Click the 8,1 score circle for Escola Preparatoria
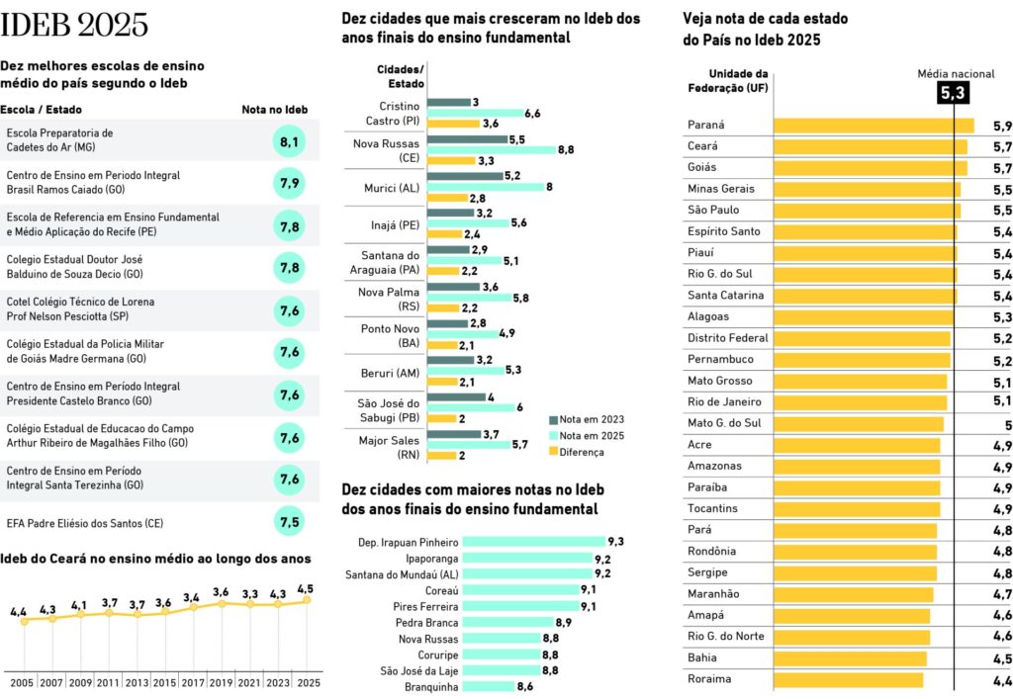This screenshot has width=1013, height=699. (x=289, y=140)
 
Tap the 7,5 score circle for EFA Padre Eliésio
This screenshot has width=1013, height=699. (x=289, y=521)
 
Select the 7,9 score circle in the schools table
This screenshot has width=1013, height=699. (x=289, y=183)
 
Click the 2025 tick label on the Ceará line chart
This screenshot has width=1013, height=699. (x=309, y=683)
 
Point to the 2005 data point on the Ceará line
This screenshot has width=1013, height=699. (x=25, y=621)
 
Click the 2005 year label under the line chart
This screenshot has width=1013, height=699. (x=22, y=683)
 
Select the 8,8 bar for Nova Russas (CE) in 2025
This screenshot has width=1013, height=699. (x=492, y=149)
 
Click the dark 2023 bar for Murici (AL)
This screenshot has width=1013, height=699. (x=465, y=176)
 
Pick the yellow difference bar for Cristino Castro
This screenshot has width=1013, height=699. (x=453, y=124)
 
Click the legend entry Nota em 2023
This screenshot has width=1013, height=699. (x=587, y=419)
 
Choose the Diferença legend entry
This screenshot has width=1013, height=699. (x=577, y=453)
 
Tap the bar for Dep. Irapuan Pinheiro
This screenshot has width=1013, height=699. (x=534, y=542)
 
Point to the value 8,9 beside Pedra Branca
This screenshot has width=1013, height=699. (x=563, y=623)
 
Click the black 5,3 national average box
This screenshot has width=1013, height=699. (x=953, y=93)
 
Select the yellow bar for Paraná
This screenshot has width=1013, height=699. (x=875, y=126)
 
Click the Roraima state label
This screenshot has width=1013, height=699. (x=709, y=679)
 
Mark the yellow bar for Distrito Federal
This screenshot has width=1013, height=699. (x=863, y=339)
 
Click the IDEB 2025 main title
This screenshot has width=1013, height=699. (x=74, y=25)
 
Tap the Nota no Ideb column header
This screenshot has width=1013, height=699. (x=275, y=110)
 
